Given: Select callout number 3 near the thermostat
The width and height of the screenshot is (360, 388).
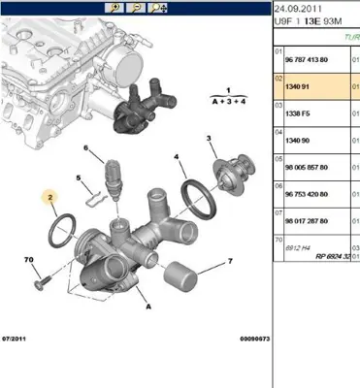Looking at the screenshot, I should (x=209, y=138).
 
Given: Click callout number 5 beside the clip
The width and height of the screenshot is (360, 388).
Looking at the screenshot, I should (x=77, y=178).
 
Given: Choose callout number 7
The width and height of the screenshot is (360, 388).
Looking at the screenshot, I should (x=231, y=261).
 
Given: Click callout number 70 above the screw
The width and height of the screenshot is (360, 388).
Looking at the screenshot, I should (x=28, y=259).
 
